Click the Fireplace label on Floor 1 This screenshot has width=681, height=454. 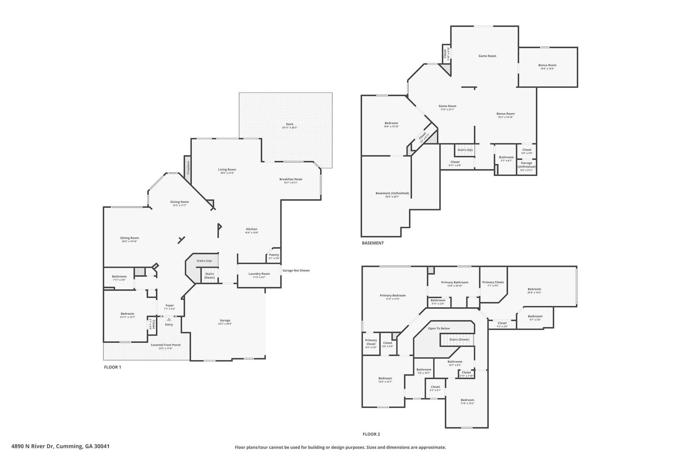(188, 168)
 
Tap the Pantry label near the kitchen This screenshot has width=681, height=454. (274, 255)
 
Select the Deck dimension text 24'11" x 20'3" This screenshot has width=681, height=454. (289, 128)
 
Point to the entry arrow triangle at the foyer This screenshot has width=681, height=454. (169, 319)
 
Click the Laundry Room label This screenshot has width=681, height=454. (259, 274)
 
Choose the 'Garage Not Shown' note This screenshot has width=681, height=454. (296, 270)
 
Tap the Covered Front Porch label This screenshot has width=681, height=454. (166, 345)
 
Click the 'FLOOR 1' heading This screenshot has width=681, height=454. (113, 367)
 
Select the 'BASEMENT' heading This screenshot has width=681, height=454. (373, 243)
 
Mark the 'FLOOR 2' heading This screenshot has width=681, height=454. (371, 434)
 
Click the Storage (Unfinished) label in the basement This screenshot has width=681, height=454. (526, 165)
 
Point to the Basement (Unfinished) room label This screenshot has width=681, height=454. (392, 193)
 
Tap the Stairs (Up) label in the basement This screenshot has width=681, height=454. (465, 150)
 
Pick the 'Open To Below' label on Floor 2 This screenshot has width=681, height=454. (439, 329)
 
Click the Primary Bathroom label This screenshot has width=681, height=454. (455, 282)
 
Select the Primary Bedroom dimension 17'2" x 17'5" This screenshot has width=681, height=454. (393, 299)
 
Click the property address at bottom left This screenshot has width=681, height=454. (60, 446)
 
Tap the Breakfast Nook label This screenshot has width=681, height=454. (291, 179)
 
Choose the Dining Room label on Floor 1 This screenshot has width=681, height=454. (180, 202)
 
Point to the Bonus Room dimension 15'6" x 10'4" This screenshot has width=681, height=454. (547, 69)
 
